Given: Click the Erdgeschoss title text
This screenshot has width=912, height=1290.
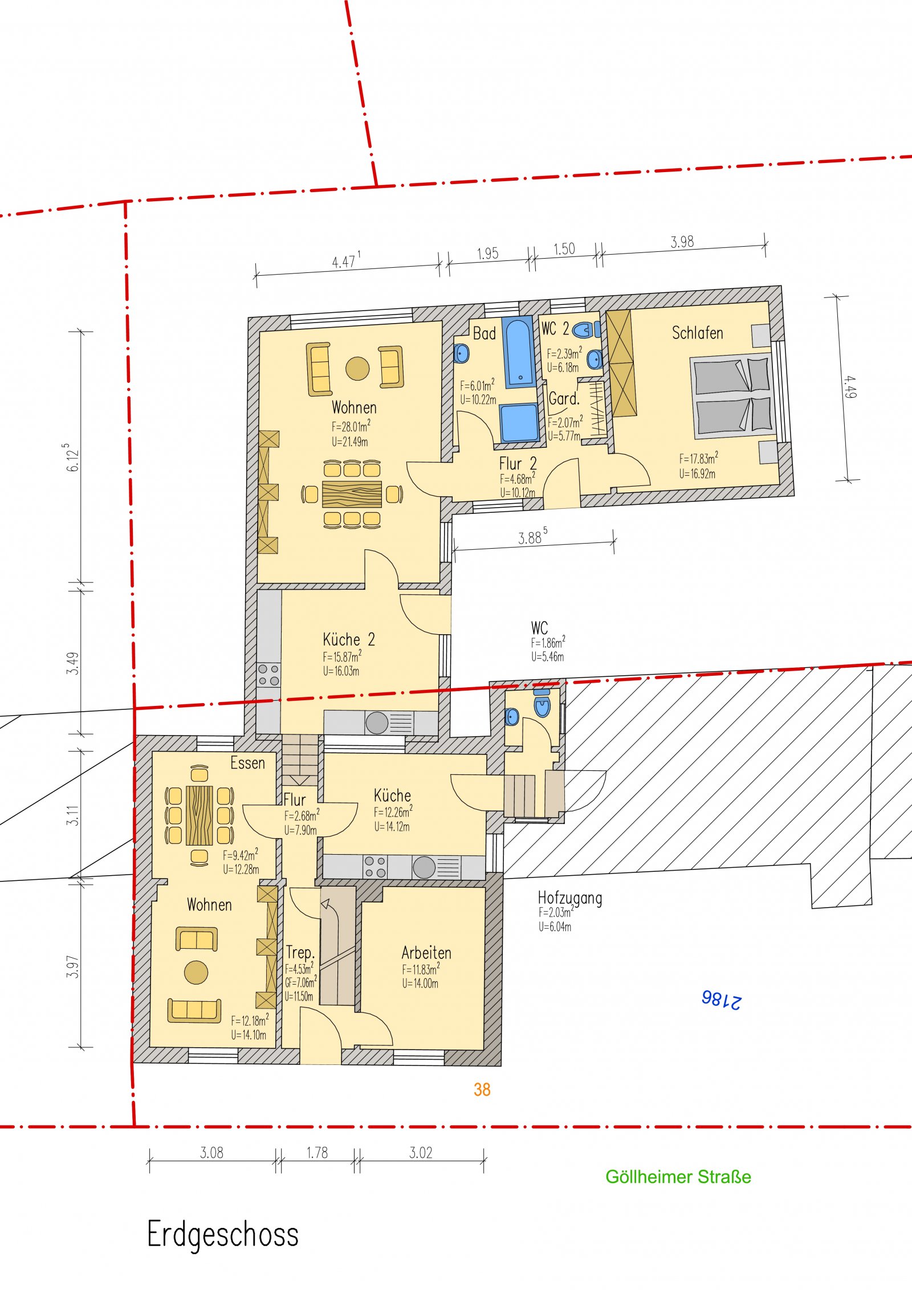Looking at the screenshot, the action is pyautogui.click(x=223, y=1235).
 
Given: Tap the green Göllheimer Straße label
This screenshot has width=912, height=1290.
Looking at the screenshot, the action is pyautogui.click(x=678, y=1177).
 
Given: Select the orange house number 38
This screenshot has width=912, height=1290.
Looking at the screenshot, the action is pyautogui.click(x=482, y=1089).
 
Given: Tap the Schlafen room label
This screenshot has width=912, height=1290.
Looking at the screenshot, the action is pyautogui.click(x=697, y=333).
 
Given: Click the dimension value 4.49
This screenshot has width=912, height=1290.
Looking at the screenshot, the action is pyautogui.click(x=850, y=387).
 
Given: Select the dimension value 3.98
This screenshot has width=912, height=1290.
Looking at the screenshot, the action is pyautogui.click(x=682, y=242).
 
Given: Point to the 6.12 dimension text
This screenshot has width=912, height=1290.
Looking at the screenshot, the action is pyautogui.click(x=73, y=458).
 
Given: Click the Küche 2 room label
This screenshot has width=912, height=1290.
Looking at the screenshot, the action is pyautogui.click(x=349, y=639).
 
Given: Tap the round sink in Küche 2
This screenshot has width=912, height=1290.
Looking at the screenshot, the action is pyautogui.click(x=377, y=723).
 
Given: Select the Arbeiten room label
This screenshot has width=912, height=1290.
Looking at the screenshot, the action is pyautogui.click(x=426, y=953).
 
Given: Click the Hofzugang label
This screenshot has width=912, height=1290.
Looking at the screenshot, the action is pyautogui.click(x=570, y=899).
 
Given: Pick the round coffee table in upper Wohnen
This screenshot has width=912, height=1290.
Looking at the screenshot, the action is pyautogui.click(x=357, y=368).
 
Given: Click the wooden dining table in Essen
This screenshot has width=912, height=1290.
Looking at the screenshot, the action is pyautogui.click(x=199, y=815).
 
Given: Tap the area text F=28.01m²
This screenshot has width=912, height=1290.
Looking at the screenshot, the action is pyautogui.click(x=351, y=426).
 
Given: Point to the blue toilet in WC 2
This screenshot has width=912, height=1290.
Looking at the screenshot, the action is pyautogui.click(x=585, y=329).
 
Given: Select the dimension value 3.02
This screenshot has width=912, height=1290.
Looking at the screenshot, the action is pyautogui.click(x=421, y=1153).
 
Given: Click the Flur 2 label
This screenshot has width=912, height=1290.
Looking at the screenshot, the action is pyautogui.click(x=518, y=464).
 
